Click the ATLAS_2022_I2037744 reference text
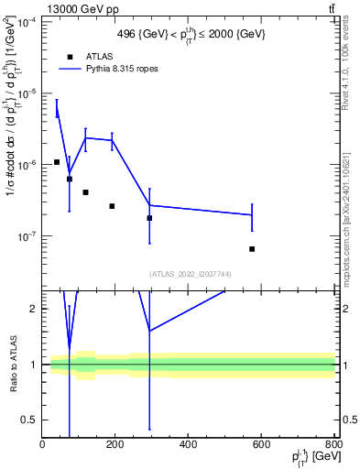click(x=190, y=274)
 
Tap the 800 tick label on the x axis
click(x=333, y=443)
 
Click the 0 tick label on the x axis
click(x=42, y=443)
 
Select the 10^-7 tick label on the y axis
click(x=26, y=235)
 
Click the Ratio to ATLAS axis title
click(x=13, y=364)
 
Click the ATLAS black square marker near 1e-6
click(x=56, y=162)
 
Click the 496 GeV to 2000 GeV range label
click(x=191, y=34)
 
